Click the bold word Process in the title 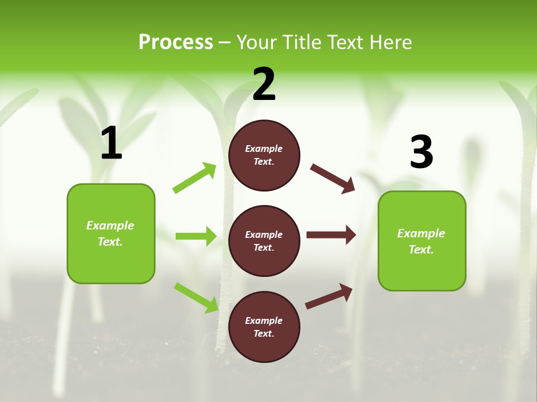pyautogui.click(x=176, y=42)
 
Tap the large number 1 pyautogui.click(x=111, y=143)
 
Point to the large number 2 pyautogui.click(x=264, y=84)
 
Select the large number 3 pyautogui.click(x=421, y=152)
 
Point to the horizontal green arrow pyautogui.click(x=196, y=236)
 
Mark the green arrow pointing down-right pyautogui.click(x=196, y=298)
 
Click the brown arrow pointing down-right pyautogui.click(x=332, y=179)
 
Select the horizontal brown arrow pyautogui.click(x=331, y=235)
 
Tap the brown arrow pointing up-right pyautogui.click(x=329, y=296)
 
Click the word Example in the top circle pyautogui.click(x=264, y=149)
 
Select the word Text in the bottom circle pyautogui.click(x=263, y=333)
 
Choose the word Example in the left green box pyautogui.click(x=110, y=226)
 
